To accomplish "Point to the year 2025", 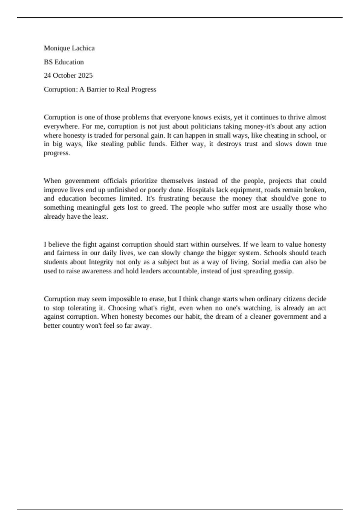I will pos(85,75).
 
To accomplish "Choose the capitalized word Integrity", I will pos(101,262).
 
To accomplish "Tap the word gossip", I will pos(284,271).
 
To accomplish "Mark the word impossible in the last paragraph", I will pos(122,299).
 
